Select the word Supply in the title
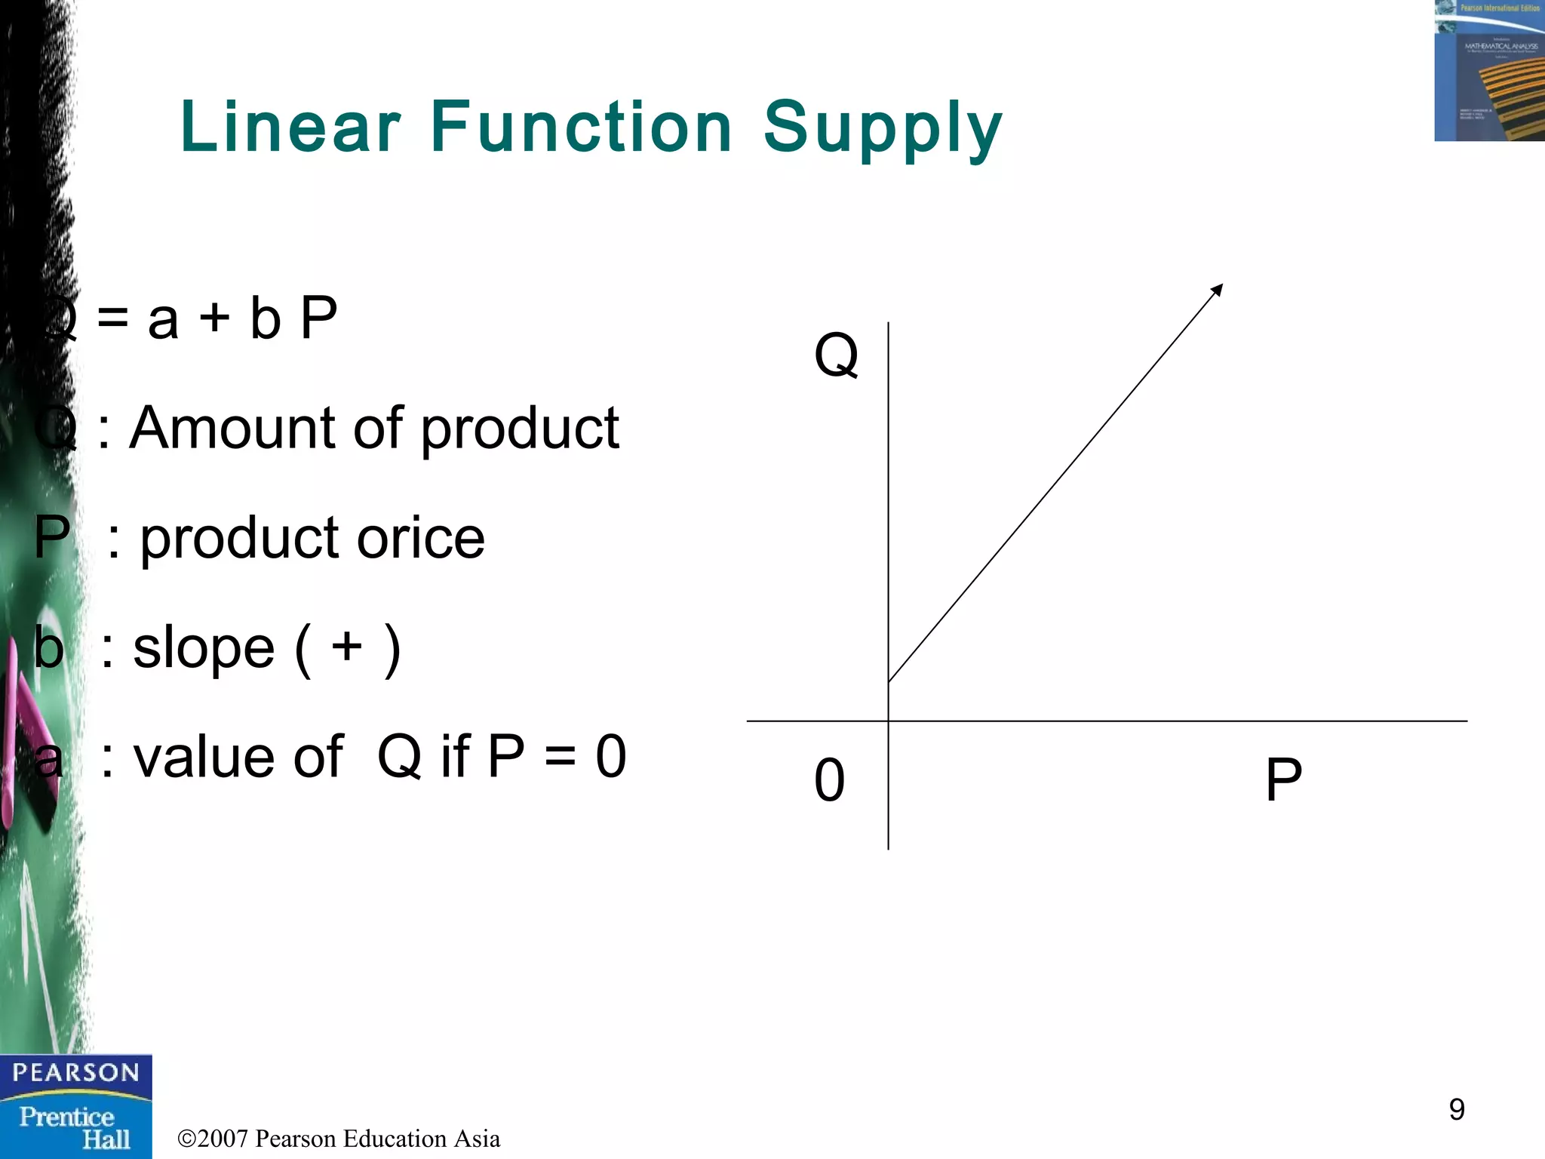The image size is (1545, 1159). (883, 128)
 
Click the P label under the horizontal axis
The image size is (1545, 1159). (1283, 779)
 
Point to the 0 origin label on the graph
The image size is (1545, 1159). (829, 780)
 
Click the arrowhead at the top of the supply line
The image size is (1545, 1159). (1218, 289)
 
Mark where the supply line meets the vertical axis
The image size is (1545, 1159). (889, 681)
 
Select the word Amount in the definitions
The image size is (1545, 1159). (232, 428)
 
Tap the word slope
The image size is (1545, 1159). (204, 648)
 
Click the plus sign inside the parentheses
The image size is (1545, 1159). (347, 647)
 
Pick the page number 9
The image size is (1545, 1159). (1457, 1109)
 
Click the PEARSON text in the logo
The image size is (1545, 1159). (75, 1072)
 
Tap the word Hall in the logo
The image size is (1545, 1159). (106, 1139)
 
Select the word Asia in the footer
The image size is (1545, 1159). (477, 1139)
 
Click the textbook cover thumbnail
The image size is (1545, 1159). (1489, 70)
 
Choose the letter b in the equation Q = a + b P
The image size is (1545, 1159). (265, 318)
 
